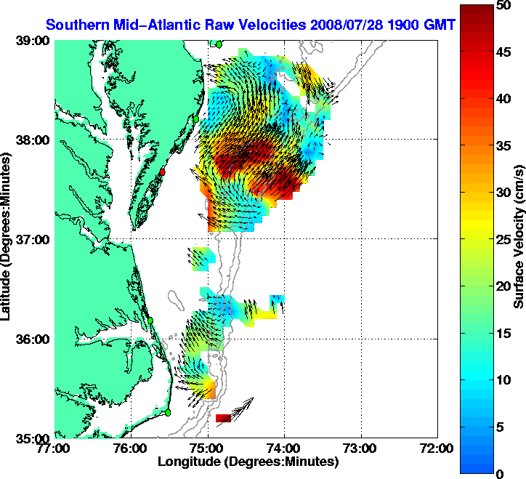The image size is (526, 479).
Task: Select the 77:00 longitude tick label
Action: [54, 448]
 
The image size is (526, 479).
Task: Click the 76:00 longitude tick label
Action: [131, 448]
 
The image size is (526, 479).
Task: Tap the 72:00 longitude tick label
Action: [438, 448]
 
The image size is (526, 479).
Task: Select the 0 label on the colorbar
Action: [501, 474]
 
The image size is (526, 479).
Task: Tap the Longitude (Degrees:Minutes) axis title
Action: [248, 462]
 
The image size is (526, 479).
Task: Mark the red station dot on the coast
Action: [163, 172]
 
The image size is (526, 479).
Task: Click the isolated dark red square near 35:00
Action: [223, 418]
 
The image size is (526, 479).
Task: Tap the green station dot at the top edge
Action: [217, 44]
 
